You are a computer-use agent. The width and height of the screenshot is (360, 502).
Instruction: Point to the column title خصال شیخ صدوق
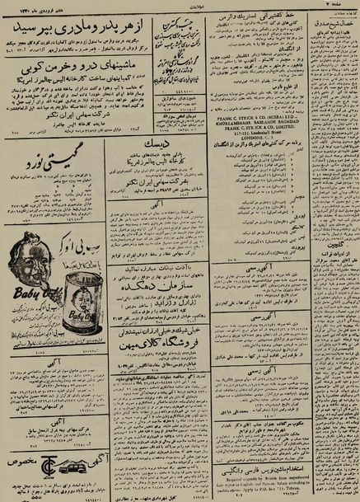pos(334,26)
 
